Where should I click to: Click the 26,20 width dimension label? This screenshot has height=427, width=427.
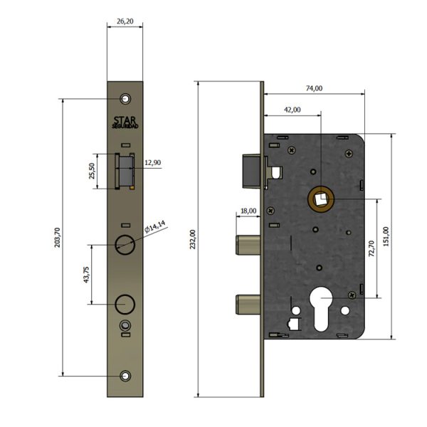click(x=125, y=22)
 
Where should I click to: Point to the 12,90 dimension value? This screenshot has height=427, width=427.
click(x=153, y=163)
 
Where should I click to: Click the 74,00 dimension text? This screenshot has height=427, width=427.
click(x=313, y=88)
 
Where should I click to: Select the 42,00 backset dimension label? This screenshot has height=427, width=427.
click(x=292, y=110)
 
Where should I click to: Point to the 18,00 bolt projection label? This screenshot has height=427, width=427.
click(x=248, y=211)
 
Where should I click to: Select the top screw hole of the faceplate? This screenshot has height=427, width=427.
click(x=126, y=97)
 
